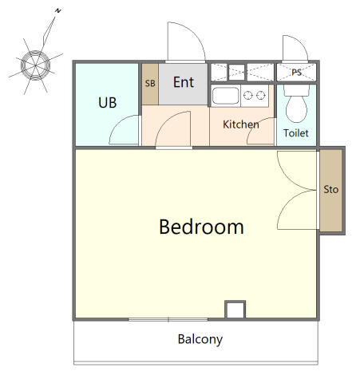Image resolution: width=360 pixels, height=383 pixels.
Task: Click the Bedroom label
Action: coord(201,227)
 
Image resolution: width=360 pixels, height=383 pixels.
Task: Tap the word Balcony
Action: coord(200,339)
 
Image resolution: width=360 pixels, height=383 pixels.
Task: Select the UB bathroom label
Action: coord(108,103)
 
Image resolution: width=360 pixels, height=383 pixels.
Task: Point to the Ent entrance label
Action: coord(184,82)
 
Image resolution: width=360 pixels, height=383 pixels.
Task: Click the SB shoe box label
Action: coord(150,84)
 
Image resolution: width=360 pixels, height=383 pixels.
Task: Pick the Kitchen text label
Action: coord(241,124)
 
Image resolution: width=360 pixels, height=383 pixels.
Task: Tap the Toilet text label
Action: coord(296,133)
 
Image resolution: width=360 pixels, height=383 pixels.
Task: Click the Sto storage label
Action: coord(331,189)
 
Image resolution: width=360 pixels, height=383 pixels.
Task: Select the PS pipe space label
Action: coord(296,72)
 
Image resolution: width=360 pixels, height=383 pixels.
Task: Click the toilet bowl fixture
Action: coord(296,109)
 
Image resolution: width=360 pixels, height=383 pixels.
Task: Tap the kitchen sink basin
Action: coord(226,96)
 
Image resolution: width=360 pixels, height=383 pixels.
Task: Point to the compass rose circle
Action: coord(35,65)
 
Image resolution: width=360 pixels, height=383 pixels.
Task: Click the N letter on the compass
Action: coord(58,11)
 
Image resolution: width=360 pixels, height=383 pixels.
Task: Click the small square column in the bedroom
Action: coord(235,310)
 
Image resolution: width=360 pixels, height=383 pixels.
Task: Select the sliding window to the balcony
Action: coord(168,320)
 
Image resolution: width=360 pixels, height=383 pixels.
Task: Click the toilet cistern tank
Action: coord(296,90)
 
